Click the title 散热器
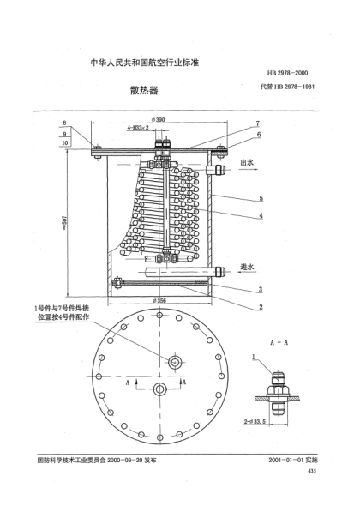(x=138, y=89)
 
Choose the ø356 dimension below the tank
(x=159, y=300)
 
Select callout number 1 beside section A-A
(x=254, y=355)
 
